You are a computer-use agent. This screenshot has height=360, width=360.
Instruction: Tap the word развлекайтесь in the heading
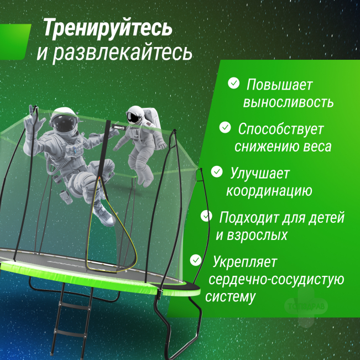pyautogui.click(x=123, y=53)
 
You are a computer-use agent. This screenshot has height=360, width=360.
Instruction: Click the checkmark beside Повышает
pyautogui.click(x=234, y=83)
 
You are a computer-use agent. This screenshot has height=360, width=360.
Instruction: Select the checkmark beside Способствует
pyautogui.click(x=225, y=127)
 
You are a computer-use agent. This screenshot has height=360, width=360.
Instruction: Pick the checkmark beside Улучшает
pyautogui.click(x=217, y=171)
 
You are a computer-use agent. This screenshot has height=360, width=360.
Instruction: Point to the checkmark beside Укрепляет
pyautogui.click(x=196, y=260)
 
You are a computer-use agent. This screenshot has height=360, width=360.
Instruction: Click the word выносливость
pyautogui.click(x=288, y=102)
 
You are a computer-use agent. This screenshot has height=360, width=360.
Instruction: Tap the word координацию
pyautogui.click(x=269, y=191)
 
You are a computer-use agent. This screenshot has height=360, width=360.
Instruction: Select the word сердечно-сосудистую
pyautogui.click(x=276, y=280)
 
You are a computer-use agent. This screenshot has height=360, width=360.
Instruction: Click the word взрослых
pyautogui.click(x=257, y=236)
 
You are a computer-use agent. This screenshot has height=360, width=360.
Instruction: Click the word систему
pyautogui.click(x=230, y=297)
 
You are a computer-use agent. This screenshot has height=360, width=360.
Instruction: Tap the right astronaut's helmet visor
pyautogui.click(x=133, y=117)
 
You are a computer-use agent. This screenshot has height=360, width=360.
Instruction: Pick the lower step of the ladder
pyautogui.click(x=70, y=333)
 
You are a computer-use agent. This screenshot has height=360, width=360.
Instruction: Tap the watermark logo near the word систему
pyautogui.click(x=306, y=306)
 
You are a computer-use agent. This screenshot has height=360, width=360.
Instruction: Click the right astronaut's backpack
pyautogui.click(x=153, y=117)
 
